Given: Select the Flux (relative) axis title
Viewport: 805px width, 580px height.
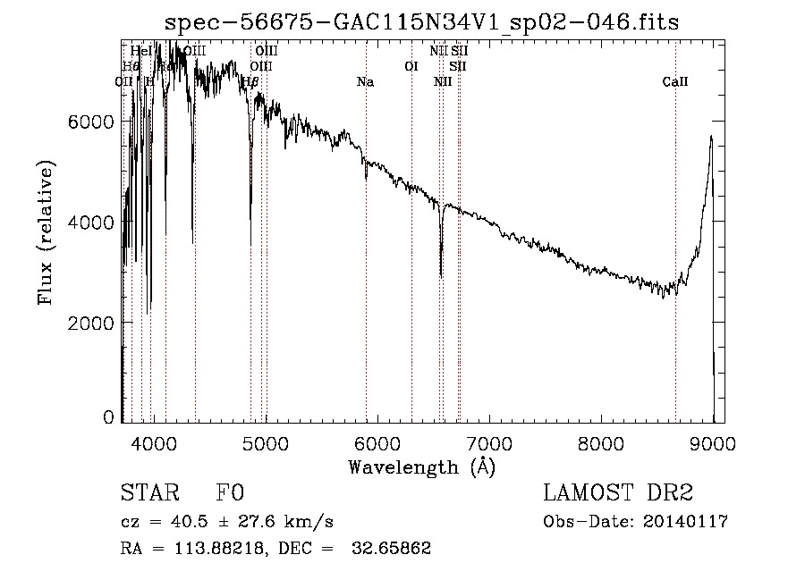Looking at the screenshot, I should (x=46, y=232).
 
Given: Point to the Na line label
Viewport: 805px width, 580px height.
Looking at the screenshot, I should (x=365, y=82).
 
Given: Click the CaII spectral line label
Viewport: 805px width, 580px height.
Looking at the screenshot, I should (x=675, y=82).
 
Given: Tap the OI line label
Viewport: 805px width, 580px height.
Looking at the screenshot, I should (x=411, y=66).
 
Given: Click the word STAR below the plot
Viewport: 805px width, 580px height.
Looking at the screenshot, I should (x=148, y=492).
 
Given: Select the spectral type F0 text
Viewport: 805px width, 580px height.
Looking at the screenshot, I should (x=230, y=492).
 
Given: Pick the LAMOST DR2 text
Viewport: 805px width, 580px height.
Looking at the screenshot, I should (x=618, y=492).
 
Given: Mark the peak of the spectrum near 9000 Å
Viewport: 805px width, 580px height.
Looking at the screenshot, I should (x=711, y=136).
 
